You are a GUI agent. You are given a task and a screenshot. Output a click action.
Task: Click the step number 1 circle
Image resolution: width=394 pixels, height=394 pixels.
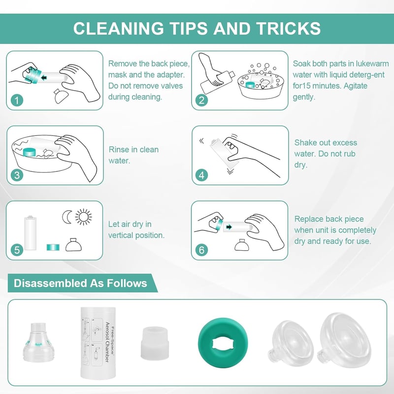click(17, 100)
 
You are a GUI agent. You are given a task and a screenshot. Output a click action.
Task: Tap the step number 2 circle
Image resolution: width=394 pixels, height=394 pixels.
click(202, 100)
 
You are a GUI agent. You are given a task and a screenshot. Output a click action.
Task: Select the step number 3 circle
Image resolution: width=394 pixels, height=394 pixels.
click(17, 175)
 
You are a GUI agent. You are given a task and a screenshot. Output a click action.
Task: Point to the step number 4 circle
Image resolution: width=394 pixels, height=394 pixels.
click(202, 175)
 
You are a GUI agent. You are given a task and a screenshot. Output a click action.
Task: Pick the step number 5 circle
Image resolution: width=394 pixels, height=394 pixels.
click(17, 250)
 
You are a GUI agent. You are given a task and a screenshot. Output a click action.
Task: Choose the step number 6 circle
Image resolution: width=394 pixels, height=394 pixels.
click(202, 250)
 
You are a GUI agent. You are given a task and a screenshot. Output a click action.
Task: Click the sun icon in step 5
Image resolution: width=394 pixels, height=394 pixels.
click(83, 217)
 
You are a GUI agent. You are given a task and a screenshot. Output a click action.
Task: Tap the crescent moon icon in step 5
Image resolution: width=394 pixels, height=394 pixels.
click(66, 217)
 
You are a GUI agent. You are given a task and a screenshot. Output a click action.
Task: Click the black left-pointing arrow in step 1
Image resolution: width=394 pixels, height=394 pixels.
click(44, 78)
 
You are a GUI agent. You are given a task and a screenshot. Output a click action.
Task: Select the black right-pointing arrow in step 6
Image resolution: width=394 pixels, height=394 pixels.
click(229, 227)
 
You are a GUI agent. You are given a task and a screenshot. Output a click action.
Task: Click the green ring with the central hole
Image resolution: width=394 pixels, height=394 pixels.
click(223, 343)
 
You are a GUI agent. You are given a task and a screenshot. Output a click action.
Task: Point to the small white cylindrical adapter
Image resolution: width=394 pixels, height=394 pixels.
click(155, 343)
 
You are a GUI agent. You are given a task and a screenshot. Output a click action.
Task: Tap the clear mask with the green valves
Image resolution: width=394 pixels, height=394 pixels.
click(39, 342)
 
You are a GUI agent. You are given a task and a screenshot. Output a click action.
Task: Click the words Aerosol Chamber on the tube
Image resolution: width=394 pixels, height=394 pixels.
click(107, 342)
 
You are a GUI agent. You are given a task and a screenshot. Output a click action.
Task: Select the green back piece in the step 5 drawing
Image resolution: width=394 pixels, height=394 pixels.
click(53, 247)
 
